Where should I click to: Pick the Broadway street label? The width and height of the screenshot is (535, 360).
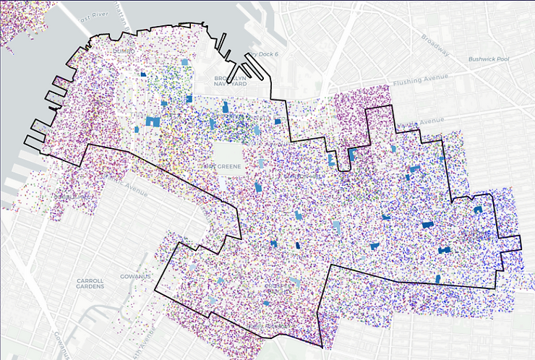click(435, 46)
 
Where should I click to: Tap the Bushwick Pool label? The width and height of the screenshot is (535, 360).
click(489, 59)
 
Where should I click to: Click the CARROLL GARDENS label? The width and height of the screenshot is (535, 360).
click(90, 283)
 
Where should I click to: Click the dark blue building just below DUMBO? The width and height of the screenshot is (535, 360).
click(143, 74)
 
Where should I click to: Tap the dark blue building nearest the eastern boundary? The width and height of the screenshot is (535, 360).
click(477, 209)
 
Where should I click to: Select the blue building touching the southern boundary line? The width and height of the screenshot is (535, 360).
click(438, 279)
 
